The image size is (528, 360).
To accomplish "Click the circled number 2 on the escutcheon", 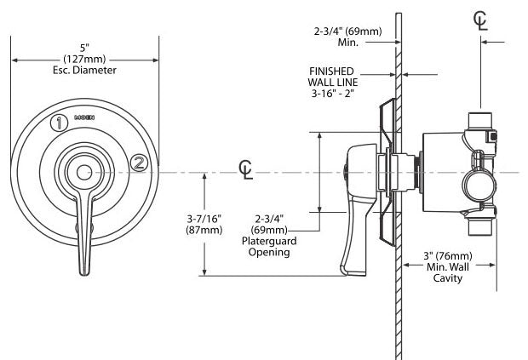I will (139, 162).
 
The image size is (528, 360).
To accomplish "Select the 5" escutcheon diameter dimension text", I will (83, 45).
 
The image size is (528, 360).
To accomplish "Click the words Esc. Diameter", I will (83, 71).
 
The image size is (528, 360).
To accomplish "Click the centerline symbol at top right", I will (482, 20).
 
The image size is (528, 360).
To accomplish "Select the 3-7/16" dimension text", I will (204, 219).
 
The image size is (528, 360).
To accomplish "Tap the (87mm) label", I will (204, 231).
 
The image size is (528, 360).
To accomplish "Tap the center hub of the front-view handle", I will (83, 174).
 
